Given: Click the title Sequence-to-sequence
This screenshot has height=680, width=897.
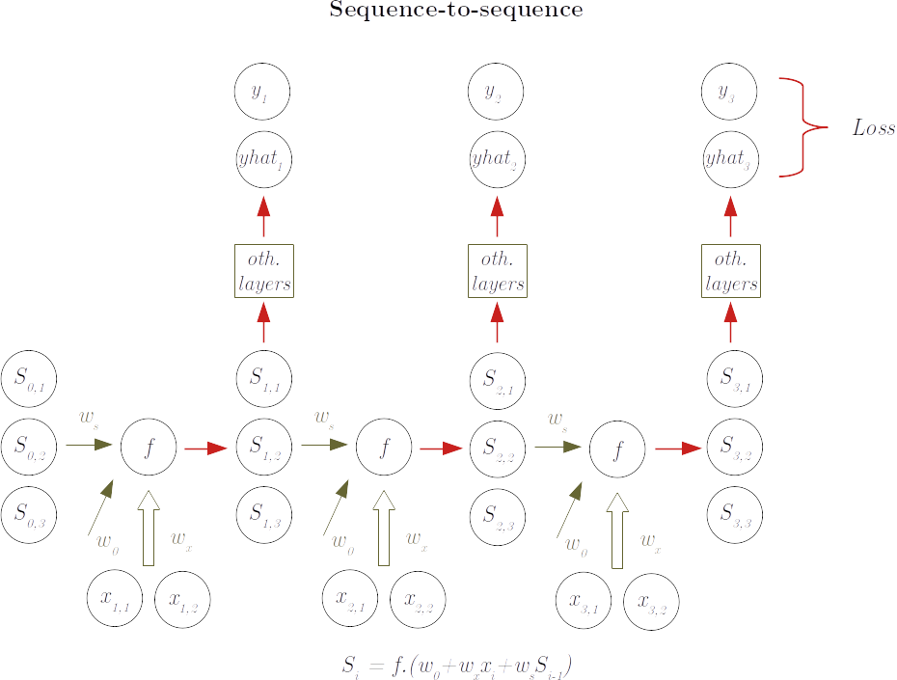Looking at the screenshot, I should point(456,12).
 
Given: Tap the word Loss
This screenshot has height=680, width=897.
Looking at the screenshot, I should point(874,127).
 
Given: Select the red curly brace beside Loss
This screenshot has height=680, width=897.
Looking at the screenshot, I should point(802,126).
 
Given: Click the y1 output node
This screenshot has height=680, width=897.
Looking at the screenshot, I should point(262,92).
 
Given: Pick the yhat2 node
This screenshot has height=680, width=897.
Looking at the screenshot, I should point(497,157).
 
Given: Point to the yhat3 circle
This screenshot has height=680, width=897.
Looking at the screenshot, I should point(730,157).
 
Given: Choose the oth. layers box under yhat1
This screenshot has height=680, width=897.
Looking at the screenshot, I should point(263,271).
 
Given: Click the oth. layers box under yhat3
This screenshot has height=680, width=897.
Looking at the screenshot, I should point(730,271).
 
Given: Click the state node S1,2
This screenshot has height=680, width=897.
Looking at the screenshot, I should point(263,448).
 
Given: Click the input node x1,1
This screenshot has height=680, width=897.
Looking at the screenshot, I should point(115,599).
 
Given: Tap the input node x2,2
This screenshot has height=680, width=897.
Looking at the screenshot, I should point(418,599).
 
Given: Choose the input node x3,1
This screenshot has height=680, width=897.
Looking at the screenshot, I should point(584,599).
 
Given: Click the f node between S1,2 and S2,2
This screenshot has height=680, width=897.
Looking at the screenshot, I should point(384,448).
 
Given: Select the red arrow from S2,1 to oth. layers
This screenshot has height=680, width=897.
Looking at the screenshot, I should point(497,322).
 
